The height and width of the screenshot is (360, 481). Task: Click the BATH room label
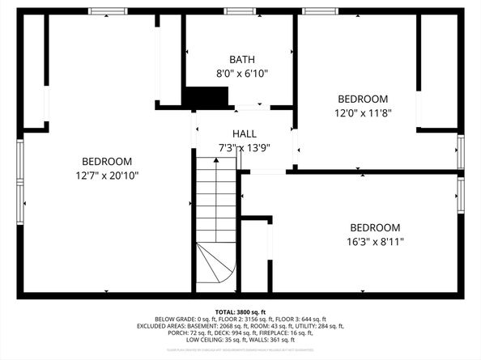[241, 60]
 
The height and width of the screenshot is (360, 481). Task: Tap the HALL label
[245, 133]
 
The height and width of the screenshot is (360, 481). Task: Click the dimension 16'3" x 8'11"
[375, 241]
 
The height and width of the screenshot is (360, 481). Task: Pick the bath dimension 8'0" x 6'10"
[241, 74]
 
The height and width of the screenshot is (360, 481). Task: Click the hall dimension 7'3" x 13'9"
[245, 147]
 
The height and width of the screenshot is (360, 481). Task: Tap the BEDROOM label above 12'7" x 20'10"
[106, 161]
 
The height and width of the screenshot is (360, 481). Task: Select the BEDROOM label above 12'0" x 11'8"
[363, 100]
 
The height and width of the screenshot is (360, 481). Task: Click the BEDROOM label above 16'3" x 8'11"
[375, 227]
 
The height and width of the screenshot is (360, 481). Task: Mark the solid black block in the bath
[200, 98]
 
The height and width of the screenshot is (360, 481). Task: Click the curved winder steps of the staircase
[215, 267]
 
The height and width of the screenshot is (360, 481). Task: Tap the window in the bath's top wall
[237, 11]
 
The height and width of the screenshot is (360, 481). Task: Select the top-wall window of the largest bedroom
[107, 11]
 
